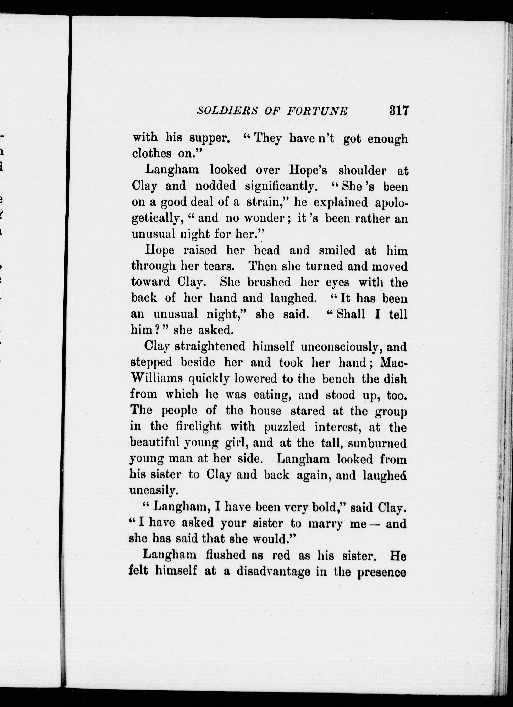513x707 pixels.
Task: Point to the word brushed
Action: pyautogui.click(x=269, y=282)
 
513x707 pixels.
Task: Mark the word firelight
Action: pyautogui.click(x=198, y=427)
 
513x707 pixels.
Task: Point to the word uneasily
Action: pyautogui.click(x=153, y=491)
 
